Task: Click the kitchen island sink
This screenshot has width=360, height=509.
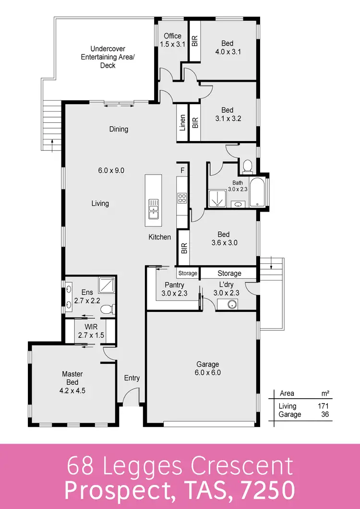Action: [154, 210]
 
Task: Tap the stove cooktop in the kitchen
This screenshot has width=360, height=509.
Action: [182, 198]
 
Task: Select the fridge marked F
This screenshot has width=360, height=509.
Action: [182, 170]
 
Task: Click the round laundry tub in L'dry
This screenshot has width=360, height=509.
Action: [231, 304]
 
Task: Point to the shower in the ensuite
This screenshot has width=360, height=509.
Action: [106, 285]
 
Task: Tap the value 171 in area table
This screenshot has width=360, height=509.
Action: [323, 406]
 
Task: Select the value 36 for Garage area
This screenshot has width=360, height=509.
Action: [324, 414]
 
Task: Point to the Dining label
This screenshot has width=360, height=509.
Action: [119, 129]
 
